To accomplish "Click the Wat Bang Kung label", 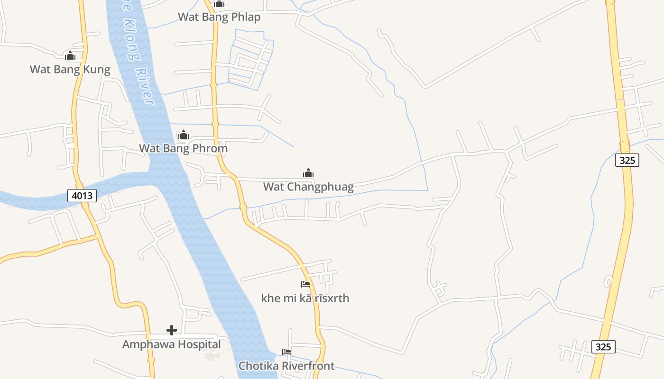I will tap(70, 70).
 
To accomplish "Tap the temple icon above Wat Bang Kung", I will tap(70, 56).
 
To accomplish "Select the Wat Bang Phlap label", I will tap(219, 17).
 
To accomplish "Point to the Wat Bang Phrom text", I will tap(183, 148).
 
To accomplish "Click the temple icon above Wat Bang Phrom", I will tap(183, 135).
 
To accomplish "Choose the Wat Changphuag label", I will tap(308, 187).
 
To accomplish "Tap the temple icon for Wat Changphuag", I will tap(308, 173).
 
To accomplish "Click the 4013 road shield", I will tap(82, 195).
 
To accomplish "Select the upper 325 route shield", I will tap(627, 160).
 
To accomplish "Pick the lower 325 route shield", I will tap(603, 347).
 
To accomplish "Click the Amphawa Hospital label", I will tap(171, 344).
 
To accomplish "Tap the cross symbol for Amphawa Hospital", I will tap(172, 330).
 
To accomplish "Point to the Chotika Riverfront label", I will tap(286, 366).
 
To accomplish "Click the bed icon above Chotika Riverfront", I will tap(286, 352).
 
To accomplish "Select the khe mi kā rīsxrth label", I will tap(305, 298).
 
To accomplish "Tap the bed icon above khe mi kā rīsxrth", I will tap(305, 284).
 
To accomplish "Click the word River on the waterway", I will tap(145, 87).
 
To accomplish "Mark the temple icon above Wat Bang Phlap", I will tap(219, 4).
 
